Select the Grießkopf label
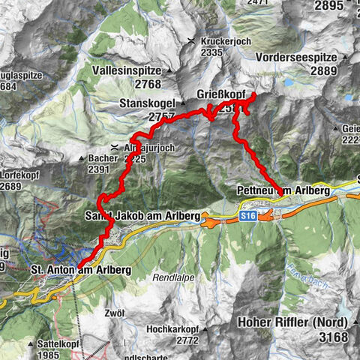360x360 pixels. click(x=222, y=94)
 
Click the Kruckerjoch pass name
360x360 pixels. click(x=224, y=41)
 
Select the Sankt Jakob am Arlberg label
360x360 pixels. click(x=142, y=216)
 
